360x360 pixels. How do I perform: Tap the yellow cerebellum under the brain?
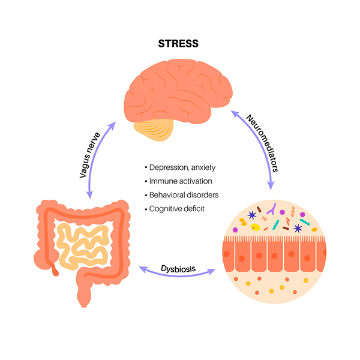155,127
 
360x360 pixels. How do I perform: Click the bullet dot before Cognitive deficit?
146,208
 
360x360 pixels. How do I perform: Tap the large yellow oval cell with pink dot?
256,227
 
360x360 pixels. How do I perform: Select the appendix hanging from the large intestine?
53,268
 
